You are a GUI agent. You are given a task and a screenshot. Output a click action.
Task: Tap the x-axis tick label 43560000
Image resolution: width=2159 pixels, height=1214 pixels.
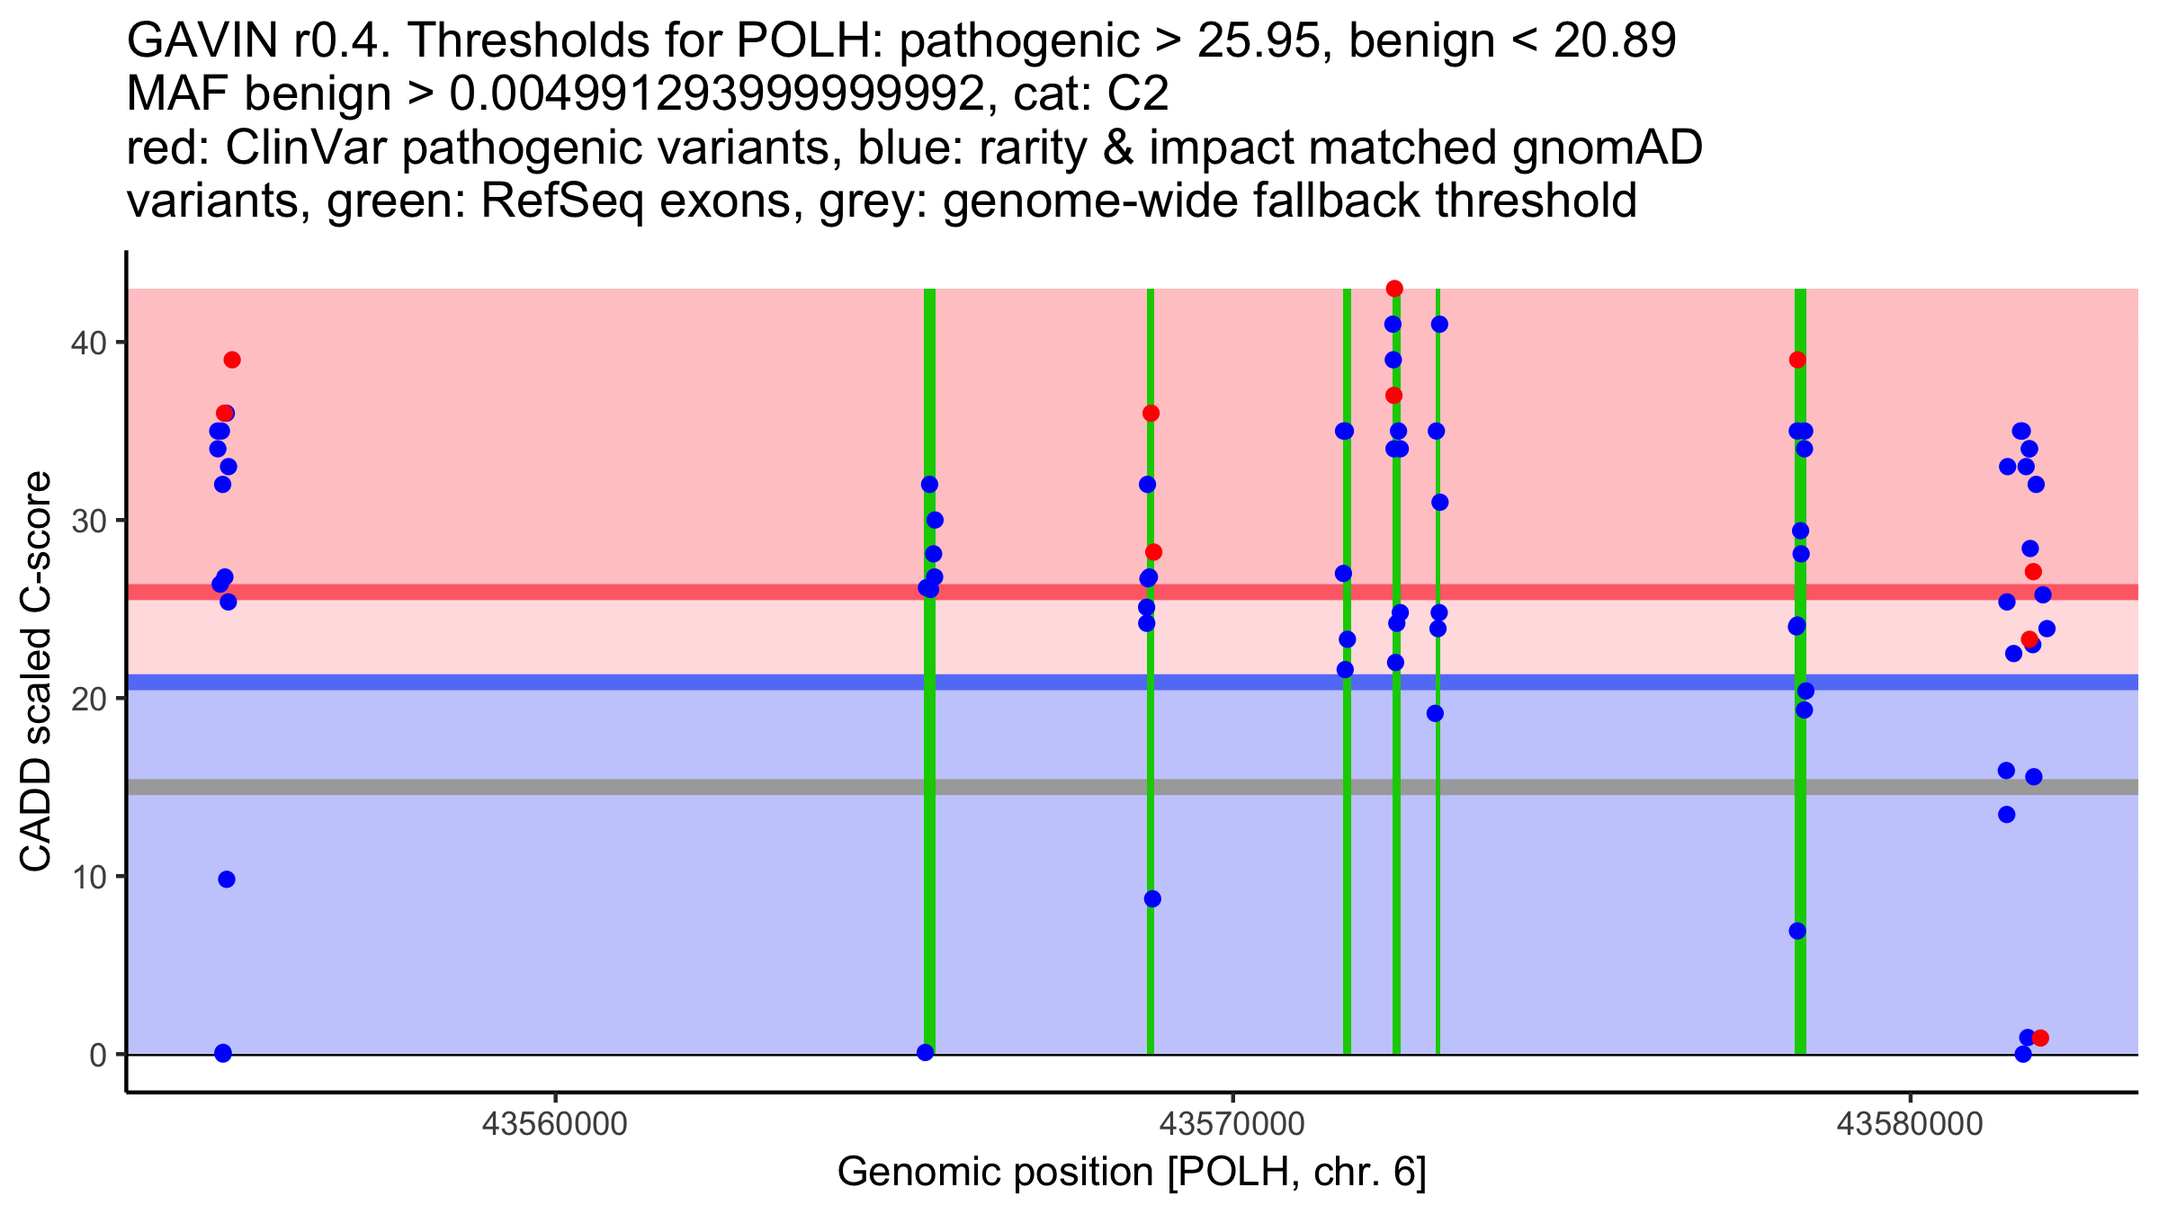(x=555, y=1124)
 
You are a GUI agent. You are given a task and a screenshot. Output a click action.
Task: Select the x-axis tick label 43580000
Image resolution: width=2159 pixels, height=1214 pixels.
(x=1909, y=1124)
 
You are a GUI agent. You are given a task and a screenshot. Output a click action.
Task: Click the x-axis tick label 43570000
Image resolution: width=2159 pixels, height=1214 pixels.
(x=1232, y=1124)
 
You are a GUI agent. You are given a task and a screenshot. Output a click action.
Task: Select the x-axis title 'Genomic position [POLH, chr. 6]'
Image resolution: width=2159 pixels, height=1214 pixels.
(x=1132, y=1173)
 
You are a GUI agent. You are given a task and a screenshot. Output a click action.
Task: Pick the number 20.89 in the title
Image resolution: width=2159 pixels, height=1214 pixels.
(x=1615, y=40)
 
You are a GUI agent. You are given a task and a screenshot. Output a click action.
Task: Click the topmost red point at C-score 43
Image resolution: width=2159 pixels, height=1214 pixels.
(x=1394, y=289)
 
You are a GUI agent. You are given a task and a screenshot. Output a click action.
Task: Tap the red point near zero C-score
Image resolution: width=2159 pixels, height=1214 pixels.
(x=2040, y=1038)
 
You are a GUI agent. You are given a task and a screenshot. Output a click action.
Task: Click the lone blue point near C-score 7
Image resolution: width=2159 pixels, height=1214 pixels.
(x=1797, y=931)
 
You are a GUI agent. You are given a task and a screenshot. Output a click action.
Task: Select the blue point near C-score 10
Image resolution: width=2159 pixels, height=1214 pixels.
(x=227, y=879)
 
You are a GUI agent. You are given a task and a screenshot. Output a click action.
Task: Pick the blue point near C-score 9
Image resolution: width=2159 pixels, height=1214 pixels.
(x=1152, y=899)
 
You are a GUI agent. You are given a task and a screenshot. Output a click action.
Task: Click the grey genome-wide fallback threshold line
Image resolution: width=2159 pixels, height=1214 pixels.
(x=1133, y=787)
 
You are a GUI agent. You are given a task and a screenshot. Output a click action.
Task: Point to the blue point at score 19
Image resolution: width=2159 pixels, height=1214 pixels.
(x=1435, y=714)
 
